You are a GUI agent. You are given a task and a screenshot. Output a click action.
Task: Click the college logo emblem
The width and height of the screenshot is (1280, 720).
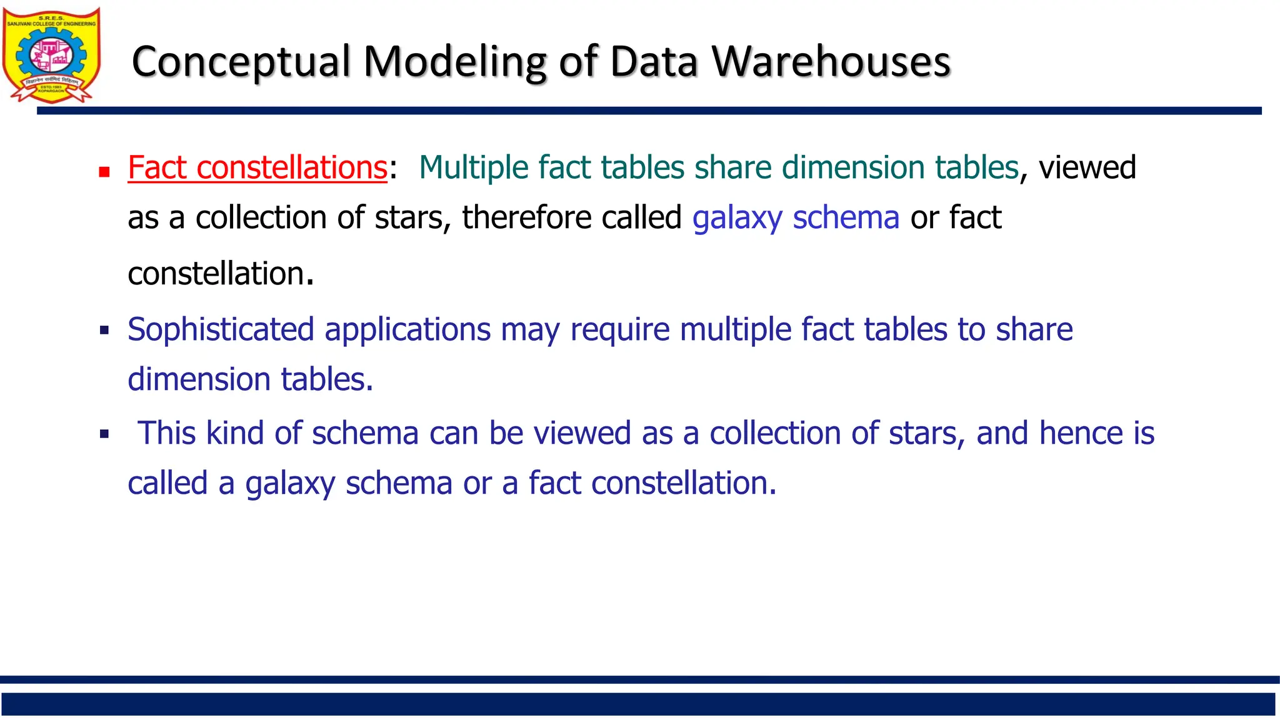pos(51,56)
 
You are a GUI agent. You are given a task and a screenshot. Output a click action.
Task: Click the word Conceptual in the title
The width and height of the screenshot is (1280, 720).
pos(241,62)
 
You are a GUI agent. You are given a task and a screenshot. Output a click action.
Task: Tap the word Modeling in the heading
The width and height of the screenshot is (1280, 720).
pos(454,62)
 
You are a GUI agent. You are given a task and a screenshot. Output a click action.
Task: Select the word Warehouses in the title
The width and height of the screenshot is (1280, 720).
pos(831,62)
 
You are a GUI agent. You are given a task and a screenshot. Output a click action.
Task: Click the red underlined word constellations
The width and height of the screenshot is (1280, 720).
pos(292,167)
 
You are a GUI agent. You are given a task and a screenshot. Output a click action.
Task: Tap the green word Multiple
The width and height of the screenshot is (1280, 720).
pos(474,167)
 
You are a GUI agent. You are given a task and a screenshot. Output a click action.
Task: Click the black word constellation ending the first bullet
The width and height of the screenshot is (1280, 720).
pos(216,274)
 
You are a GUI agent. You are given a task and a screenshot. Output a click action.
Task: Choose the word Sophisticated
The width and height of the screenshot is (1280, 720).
pos(221,329)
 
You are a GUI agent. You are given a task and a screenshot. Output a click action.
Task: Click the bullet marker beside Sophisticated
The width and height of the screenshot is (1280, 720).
pos(104,330)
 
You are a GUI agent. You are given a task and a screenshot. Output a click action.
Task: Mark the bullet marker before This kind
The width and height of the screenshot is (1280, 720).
pos(104,434)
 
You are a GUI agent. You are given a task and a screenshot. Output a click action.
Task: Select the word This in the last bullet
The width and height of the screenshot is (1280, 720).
pos(167,433)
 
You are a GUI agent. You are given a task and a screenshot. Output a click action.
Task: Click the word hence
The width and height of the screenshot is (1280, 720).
pos(1080,433)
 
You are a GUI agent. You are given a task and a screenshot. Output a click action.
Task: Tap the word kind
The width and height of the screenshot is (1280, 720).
pos(235,433)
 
